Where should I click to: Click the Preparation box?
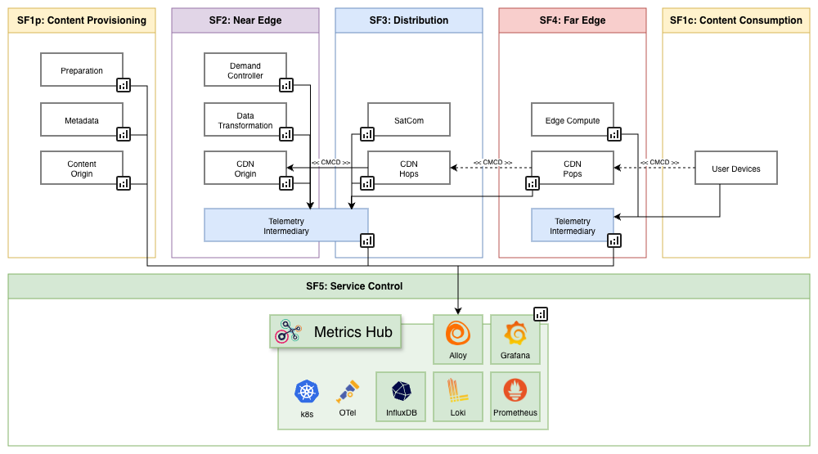click(81, 70)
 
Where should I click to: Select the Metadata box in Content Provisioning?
click(81, 120)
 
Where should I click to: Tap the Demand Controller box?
click(245, 70)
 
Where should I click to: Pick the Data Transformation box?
click(245, 120)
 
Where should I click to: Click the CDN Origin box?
click(245, 169)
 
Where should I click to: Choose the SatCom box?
click(408, 120)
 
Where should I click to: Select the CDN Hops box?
click(408, 169)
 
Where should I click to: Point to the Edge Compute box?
click(572, 120)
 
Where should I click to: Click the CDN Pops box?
click(572, 169)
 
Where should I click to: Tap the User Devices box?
click(735, 169)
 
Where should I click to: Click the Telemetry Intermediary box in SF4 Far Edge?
click(572, 226)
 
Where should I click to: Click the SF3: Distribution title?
click(408, 20)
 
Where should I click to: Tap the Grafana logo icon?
click(515, 334)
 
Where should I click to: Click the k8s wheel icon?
click(307, 393)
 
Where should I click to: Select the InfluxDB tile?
click(401, 397)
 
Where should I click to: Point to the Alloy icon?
click(458, 334)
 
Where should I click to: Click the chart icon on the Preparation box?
click(124, 85)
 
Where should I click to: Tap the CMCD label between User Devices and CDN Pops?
click(659, 162)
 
